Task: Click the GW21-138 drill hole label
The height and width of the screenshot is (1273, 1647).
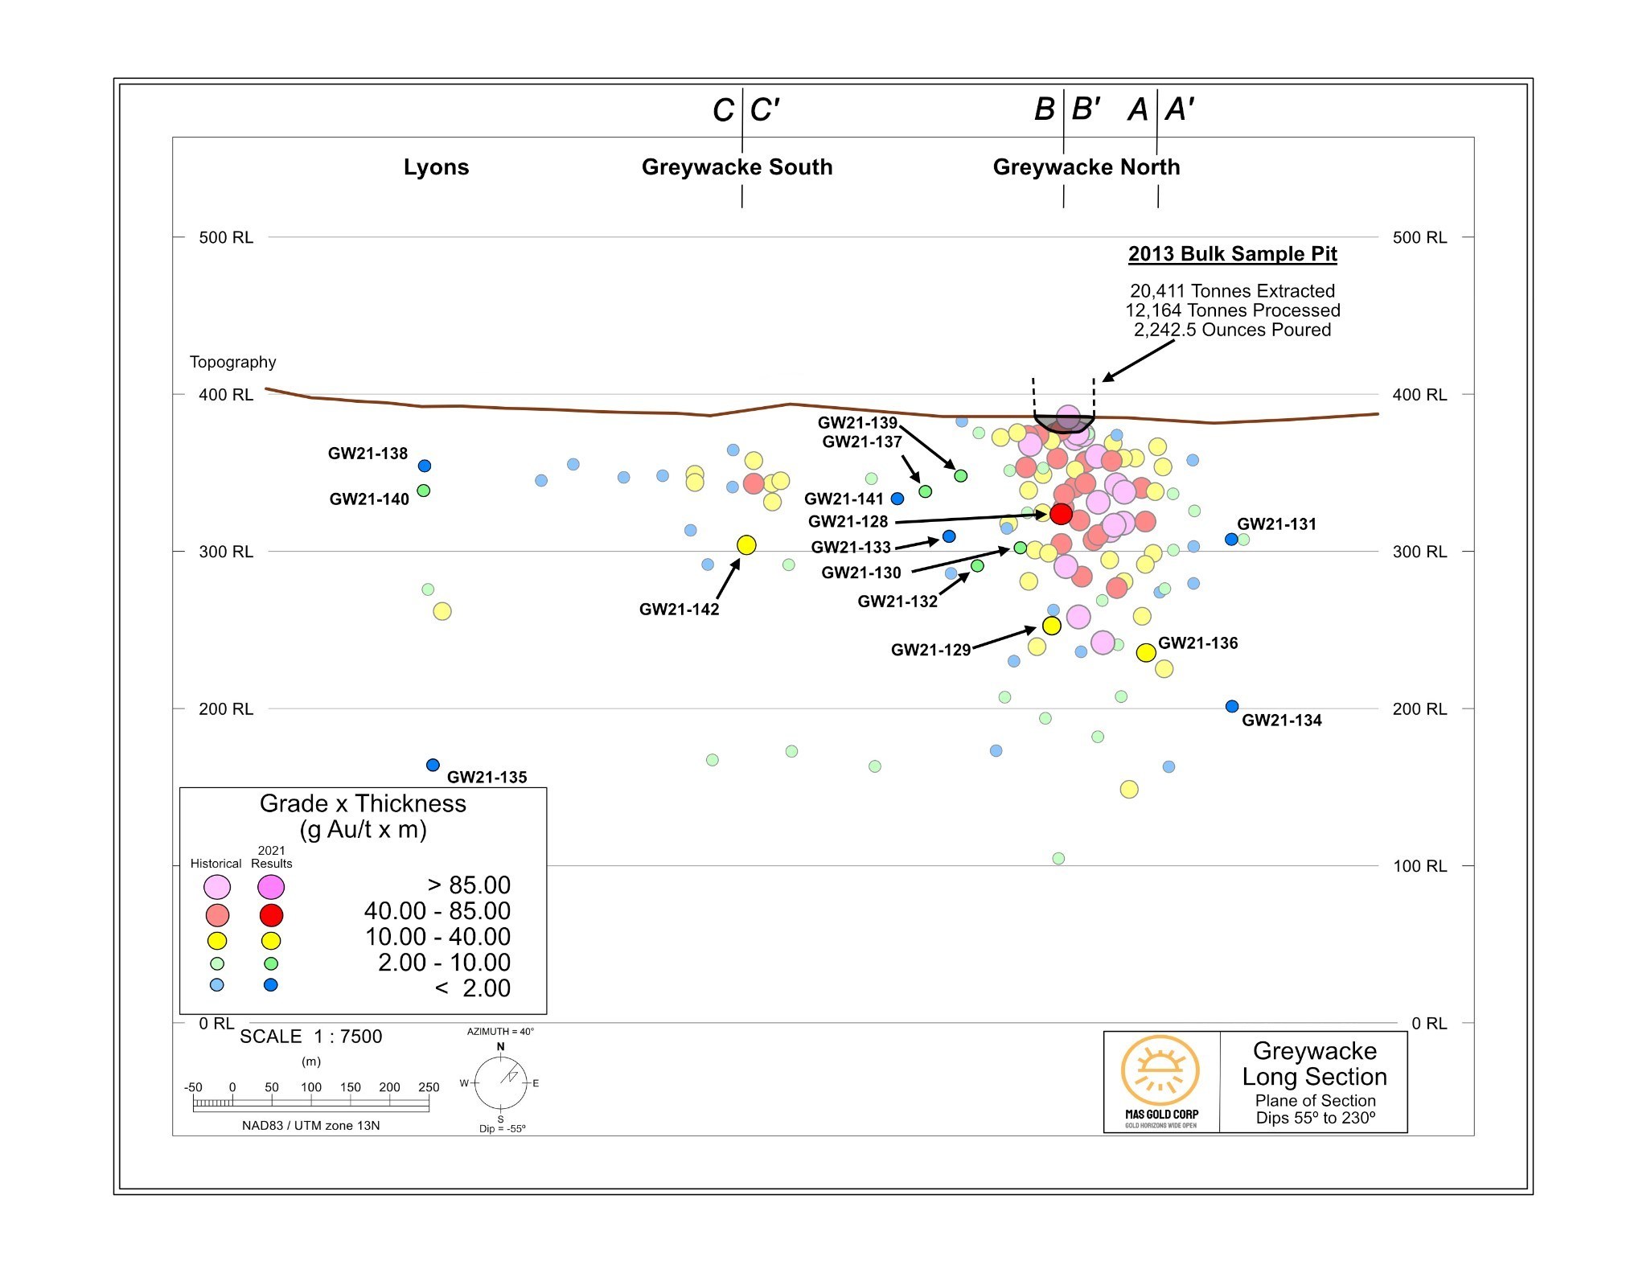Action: pos(368,454)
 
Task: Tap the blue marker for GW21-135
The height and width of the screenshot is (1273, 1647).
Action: pos(433,765)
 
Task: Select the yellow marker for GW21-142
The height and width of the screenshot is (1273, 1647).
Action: pos(746,545)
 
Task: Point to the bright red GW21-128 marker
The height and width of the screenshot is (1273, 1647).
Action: pos(1061,514)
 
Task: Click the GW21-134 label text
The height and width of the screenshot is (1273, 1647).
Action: pos(1281,721)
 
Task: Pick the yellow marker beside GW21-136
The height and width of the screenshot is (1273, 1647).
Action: pos(1146,652)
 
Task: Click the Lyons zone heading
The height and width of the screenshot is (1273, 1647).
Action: pos(436,167)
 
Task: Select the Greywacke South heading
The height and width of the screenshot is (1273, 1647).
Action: pos(737,167)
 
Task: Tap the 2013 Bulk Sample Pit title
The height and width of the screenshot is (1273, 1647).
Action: pos(1232,254)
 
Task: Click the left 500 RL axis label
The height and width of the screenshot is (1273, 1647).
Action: pos(226,237)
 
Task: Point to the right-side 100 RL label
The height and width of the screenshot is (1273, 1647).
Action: pos(1419,866)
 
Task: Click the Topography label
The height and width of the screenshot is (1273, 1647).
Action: pos(232,362)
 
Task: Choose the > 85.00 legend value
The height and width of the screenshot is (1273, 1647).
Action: pos(470,885)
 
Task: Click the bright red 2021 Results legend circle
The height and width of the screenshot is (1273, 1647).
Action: pos(271,914)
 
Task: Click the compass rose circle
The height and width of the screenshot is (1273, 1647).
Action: pos(500,1082)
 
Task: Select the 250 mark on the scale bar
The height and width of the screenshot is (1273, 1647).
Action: pos(429,1087)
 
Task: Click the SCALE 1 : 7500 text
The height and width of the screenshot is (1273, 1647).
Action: pos(310,1037)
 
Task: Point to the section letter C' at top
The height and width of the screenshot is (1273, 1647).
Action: pos(764,110)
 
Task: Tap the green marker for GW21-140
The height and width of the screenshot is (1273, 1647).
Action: pos(424,491)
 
